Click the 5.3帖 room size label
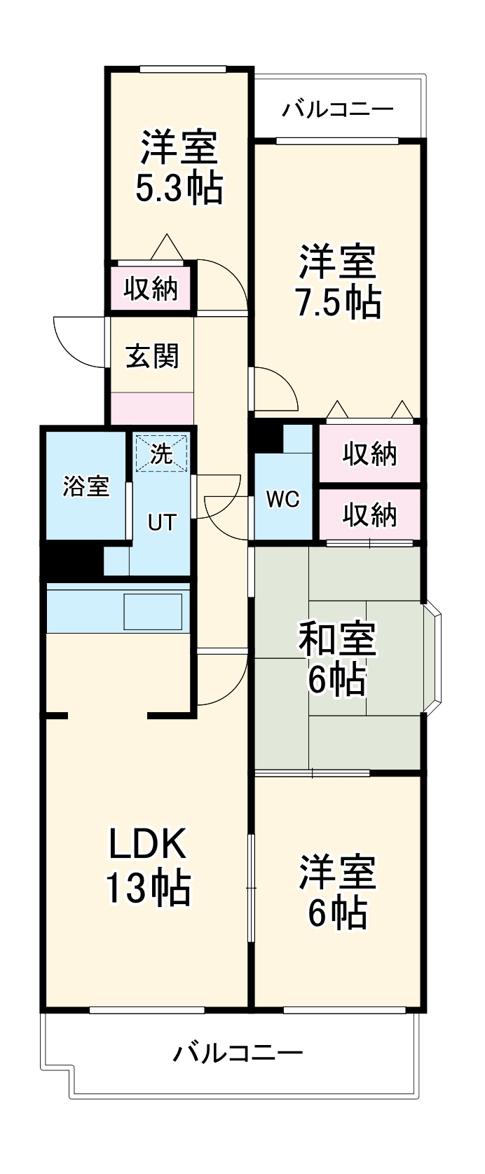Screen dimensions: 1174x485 (x=179, y=187)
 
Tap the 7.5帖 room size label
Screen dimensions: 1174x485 (x=338, y=303)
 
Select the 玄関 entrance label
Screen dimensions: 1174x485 (x=152, y=357)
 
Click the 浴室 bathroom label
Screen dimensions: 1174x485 (x=86, y=486)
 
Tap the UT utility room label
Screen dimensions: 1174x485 (x=161, y=522)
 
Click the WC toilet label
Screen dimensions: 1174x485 (x=282, y=499)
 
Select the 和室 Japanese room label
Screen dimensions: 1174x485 (x=338, y=639)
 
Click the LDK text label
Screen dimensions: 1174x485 (x=147, y=845)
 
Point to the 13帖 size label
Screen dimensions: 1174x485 (x=147, y=887)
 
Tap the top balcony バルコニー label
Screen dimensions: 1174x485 (x=339, y=110)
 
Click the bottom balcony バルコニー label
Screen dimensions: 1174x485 (x=238, y=1053)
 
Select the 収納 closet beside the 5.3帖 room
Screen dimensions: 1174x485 (x=151, y=288)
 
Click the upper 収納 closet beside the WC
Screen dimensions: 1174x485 (x=369, y=454)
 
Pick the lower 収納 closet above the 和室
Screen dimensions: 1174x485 (x=369, y=515)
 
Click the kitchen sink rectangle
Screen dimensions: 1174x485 (x=153, y=611)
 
